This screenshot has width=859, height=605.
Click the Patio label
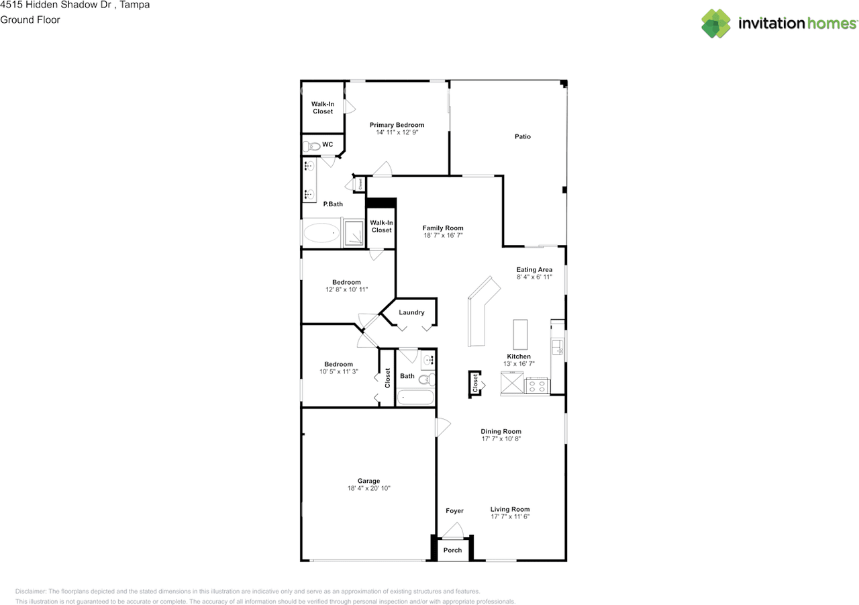click(x=523, y=136)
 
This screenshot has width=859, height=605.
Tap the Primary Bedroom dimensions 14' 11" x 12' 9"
click(x=397, y=132)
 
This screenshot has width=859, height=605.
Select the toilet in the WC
click(x=311, y=146)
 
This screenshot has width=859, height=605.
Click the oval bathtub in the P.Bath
click(x=321, y=233)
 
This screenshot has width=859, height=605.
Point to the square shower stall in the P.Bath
click(x=353, y=233)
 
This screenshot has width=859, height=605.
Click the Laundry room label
click(x=411, y=313)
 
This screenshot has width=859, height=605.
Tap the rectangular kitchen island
click(x=520, y=334)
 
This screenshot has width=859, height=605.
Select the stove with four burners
click(x=537, y=386)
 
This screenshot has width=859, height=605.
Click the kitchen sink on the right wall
click(x=557, y=346)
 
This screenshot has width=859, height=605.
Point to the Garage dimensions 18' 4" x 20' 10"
click(x=368, y=488)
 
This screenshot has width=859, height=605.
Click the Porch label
click(x=452, y=550)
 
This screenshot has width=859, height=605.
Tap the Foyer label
click(x=454, y=511)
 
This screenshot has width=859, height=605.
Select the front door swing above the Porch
click(x=453, y=530)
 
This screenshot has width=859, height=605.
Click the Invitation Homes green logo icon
click(x=716, y=24)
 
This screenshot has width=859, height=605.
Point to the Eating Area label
click(x=534, y=270)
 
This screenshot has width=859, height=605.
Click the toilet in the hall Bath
click(x=427, y=379)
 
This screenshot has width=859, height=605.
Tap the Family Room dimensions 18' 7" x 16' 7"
click(x=443, y=236)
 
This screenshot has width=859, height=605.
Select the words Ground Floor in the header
click(x=30, y=20)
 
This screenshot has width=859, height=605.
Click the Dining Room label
click(x=501, y=432)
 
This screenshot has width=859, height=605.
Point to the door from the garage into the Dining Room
click(x=442, y=427)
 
